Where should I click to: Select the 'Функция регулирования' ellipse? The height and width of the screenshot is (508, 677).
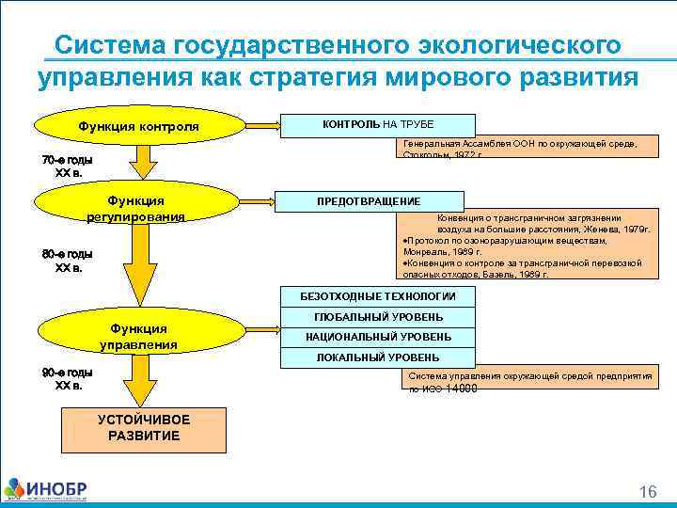pyautogui.click(x=136, y=208)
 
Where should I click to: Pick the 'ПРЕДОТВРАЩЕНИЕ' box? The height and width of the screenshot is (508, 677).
pyautogui.click(x=369, y=201)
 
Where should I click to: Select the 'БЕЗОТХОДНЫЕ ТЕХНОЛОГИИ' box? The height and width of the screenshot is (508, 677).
pyautogui.click(x=378, y=295)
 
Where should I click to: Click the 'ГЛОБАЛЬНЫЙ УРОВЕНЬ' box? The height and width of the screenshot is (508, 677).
pyautogui.click(x=378, y=317)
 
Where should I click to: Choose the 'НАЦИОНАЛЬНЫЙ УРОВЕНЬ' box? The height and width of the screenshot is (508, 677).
pyautogui.click(x=378, y=337)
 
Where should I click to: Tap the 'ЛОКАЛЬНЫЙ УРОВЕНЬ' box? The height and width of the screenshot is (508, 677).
pyautogui.click(x=378, y=357)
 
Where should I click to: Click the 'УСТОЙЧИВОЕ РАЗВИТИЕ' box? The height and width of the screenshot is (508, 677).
pyautogui.click(x=144, y=428)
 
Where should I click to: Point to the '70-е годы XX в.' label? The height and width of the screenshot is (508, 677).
pyautogui.click(x=67, y=167)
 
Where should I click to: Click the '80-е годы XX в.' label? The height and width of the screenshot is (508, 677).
pyautogui.click(x=67, y=261)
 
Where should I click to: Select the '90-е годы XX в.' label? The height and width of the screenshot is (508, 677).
pyautogui.click(x=67, y=378)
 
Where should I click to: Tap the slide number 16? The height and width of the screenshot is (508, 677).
pyautogui.click(x=647, y=492)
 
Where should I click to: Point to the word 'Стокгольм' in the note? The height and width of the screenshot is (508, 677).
pyautogui.click(x=423, y=154)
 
